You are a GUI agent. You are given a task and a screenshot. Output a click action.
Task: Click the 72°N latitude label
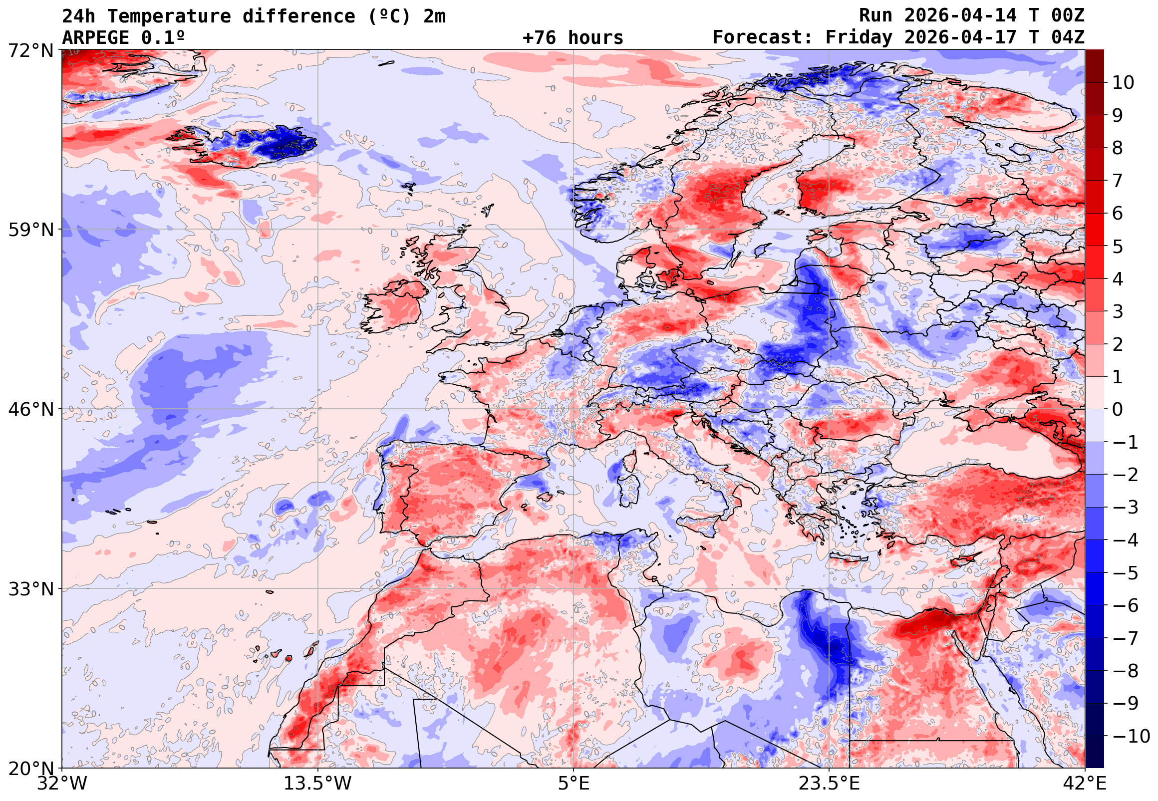pyautogui.click(x=30, y=50)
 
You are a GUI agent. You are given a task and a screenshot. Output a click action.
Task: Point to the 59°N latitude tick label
pyautogui.click(x=30, y=230)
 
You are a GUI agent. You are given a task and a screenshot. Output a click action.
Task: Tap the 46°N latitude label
pyautogui.click(x=30, y=409)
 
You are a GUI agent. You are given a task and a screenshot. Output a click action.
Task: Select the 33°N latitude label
pyautogui.click(x=30, y=589)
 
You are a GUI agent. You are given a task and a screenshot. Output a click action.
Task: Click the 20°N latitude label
pyautogui.click(x=30, y=769)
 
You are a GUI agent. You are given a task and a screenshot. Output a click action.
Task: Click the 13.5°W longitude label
pyautogui.click(x=318, y=784)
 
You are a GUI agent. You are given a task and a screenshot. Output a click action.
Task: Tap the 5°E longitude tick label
pyautogui.click(x=574, y=784)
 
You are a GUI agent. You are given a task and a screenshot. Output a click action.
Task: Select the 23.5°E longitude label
pyautogui.click(x=829, y=784)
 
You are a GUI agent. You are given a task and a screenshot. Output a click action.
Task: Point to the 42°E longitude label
pyautogui.click(x=1085, y=784)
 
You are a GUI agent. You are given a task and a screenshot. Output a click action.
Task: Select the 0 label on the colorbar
pyautogui.click(x=1118, y=410)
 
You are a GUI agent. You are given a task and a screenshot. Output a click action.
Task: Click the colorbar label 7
pyautogui.click(x=1118, y=181)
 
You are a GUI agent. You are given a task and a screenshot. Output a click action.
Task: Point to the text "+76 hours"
pyautogui.click(x=573, y=37)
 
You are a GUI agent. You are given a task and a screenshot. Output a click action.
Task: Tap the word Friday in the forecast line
pyautogui.click(x=859, y=37)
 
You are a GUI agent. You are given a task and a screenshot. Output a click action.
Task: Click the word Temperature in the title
pyautogui.click(x=169, y=16)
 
